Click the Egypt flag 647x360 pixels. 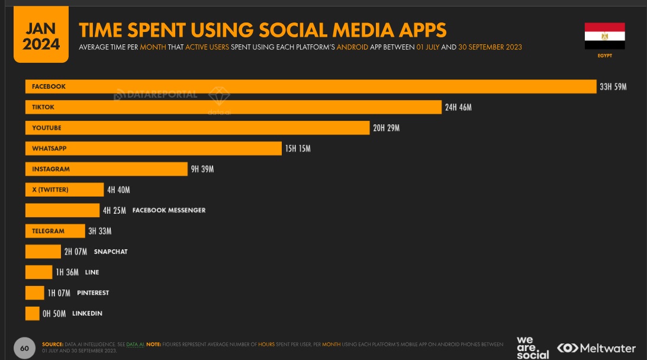[x=604, y=36]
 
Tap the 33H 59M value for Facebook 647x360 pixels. [x=613, y=87]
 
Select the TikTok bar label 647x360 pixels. [x=43, y=107]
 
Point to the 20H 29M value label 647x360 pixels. [x=386, y=128]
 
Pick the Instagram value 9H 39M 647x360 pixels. [x=202, y=169]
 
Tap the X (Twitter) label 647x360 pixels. [x=50, y=189]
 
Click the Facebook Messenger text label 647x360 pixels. [x=169, y=210]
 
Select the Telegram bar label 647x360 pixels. [x=48, y=231]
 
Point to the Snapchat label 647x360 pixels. [x=111, y=252]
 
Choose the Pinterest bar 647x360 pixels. [x=34, y=292]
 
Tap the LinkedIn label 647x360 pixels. [x=87, y=313]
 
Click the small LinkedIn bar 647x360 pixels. [x=32, y=313]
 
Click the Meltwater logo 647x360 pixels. [x=596, y=348]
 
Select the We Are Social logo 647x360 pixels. [x=532, y=348]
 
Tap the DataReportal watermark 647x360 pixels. [x=155, y=94]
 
